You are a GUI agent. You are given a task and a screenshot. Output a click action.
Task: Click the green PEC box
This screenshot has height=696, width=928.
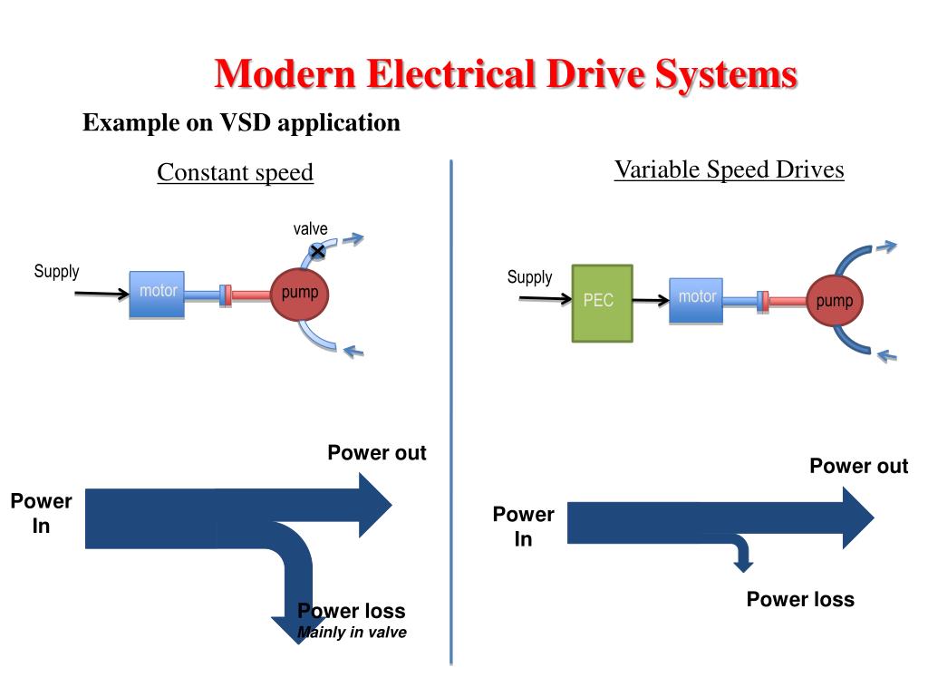602,303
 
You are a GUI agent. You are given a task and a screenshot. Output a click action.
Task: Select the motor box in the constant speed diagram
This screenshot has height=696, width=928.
157,294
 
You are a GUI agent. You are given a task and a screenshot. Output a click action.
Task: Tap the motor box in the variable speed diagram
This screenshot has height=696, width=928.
696,300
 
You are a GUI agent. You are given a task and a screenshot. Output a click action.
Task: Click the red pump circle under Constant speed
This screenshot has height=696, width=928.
299,294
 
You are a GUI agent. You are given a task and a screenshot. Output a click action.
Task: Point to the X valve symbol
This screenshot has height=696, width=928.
317,250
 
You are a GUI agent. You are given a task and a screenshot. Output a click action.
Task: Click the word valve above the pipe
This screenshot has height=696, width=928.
310,229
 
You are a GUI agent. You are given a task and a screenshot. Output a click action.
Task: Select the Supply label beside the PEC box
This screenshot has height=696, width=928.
529,277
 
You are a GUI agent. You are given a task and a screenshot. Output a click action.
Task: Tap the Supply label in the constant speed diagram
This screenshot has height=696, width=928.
56,271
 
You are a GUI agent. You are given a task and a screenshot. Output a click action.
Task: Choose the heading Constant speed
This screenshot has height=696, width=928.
235,172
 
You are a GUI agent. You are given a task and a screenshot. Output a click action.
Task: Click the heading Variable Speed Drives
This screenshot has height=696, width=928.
729,169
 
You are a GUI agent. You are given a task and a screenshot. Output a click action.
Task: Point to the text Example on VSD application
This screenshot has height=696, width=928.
241,122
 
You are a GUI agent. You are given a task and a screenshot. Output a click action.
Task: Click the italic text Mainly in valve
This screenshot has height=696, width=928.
352,633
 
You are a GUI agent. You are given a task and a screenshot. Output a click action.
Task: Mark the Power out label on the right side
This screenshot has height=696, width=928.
858,466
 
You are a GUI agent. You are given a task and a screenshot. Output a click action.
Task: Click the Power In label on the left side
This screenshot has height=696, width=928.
41,513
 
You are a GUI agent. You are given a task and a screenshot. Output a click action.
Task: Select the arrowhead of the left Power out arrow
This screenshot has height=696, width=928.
374,505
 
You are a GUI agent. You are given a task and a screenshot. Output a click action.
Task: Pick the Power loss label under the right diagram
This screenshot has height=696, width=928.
800,599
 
